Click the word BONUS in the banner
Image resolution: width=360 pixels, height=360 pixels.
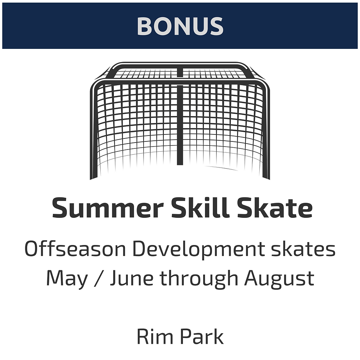[180, 26]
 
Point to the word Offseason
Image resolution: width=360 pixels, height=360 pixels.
[75, 250]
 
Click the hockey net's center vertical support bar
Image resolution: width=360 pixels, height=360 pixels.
[180, 125]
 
